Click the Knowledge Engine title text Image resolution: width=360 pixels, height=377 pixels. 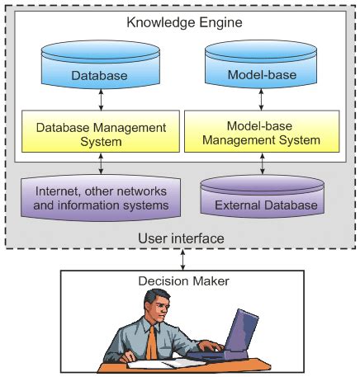(x=180, y=21)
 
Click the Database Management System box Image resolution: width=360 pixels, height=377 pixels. (x=100, y=134)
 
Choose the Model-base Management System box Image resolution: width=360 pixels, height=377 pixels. (x=262, y=134)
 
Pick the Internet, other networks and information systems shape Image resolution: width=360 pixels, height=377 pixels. (x=102, y=199)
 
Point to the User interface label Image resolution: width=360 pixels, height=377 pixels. (x=180, y=239)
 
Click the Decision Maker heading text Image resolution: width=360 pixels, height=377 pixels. (x=180, y=281)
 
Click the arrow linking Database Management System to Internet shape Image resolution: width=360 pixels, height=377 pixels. (x=100, y=167)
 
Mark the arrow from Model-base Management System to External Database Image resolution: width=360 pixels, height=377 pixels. (x=262, y=167)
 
